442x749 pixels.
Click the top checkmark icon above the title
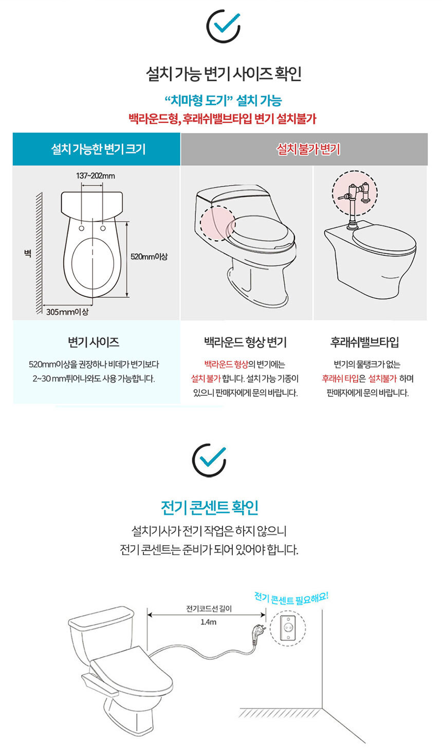(x=224, y=26)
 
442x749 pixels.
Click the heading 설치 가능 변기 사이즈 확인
(x=224, y=73)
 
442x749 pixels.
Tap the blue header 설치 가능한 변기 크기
(x=98, y=149)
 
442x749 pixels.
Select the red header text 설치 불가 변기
(x=308, y=149)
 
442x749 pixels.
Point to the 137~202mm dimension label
(x=96, y=176)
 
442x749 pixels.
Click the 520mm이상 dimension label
(x=149, y=257)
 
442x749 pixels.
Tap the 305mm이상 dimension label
(x=67, y=312)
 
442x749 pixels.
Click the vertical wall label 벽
(x=28, y=253)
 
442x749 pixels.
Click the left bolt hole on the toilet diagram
(x=82, y=228)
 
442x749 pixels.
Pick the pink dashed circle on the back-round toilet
(x=217, y=223)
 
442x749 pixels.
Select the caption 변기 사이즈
(x=94, y=342)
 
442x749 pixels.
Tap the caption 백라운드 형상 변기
(x=246, y=342)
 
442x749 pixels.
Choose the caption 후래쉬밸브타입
(x=364, y=342)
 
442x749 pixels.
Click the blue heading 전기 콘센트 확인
(x=210, y=507)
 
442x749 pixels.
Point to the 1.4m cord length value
(x=208, y=622)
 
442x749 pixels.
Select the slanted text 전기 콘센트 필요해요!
(x=291, y=599)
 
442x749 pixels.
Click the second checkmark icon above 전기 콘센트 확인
(x=209, y=460)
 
